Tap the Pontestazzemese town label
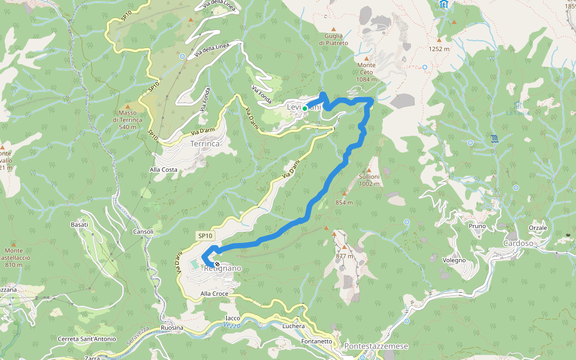click(376, 347)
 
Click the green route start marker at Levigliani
click(305, 108)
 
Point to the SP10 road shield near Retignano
click(205, 236)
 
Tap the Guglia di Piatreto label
click(334, 39)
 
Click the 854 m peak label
click(344, 202)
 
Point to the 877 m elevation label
click(344, 256)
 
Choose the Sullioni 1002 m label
click(370, 180)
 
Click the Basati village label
click(79, 224)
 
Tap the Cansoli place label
click(143, 232)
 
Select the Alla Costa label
click(163, 170)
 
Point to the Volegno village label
click(454, 260)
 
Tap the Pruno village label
click(477, 226)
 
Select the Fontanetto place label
click(316, 341)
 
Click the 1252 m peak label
click(439, 49)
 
